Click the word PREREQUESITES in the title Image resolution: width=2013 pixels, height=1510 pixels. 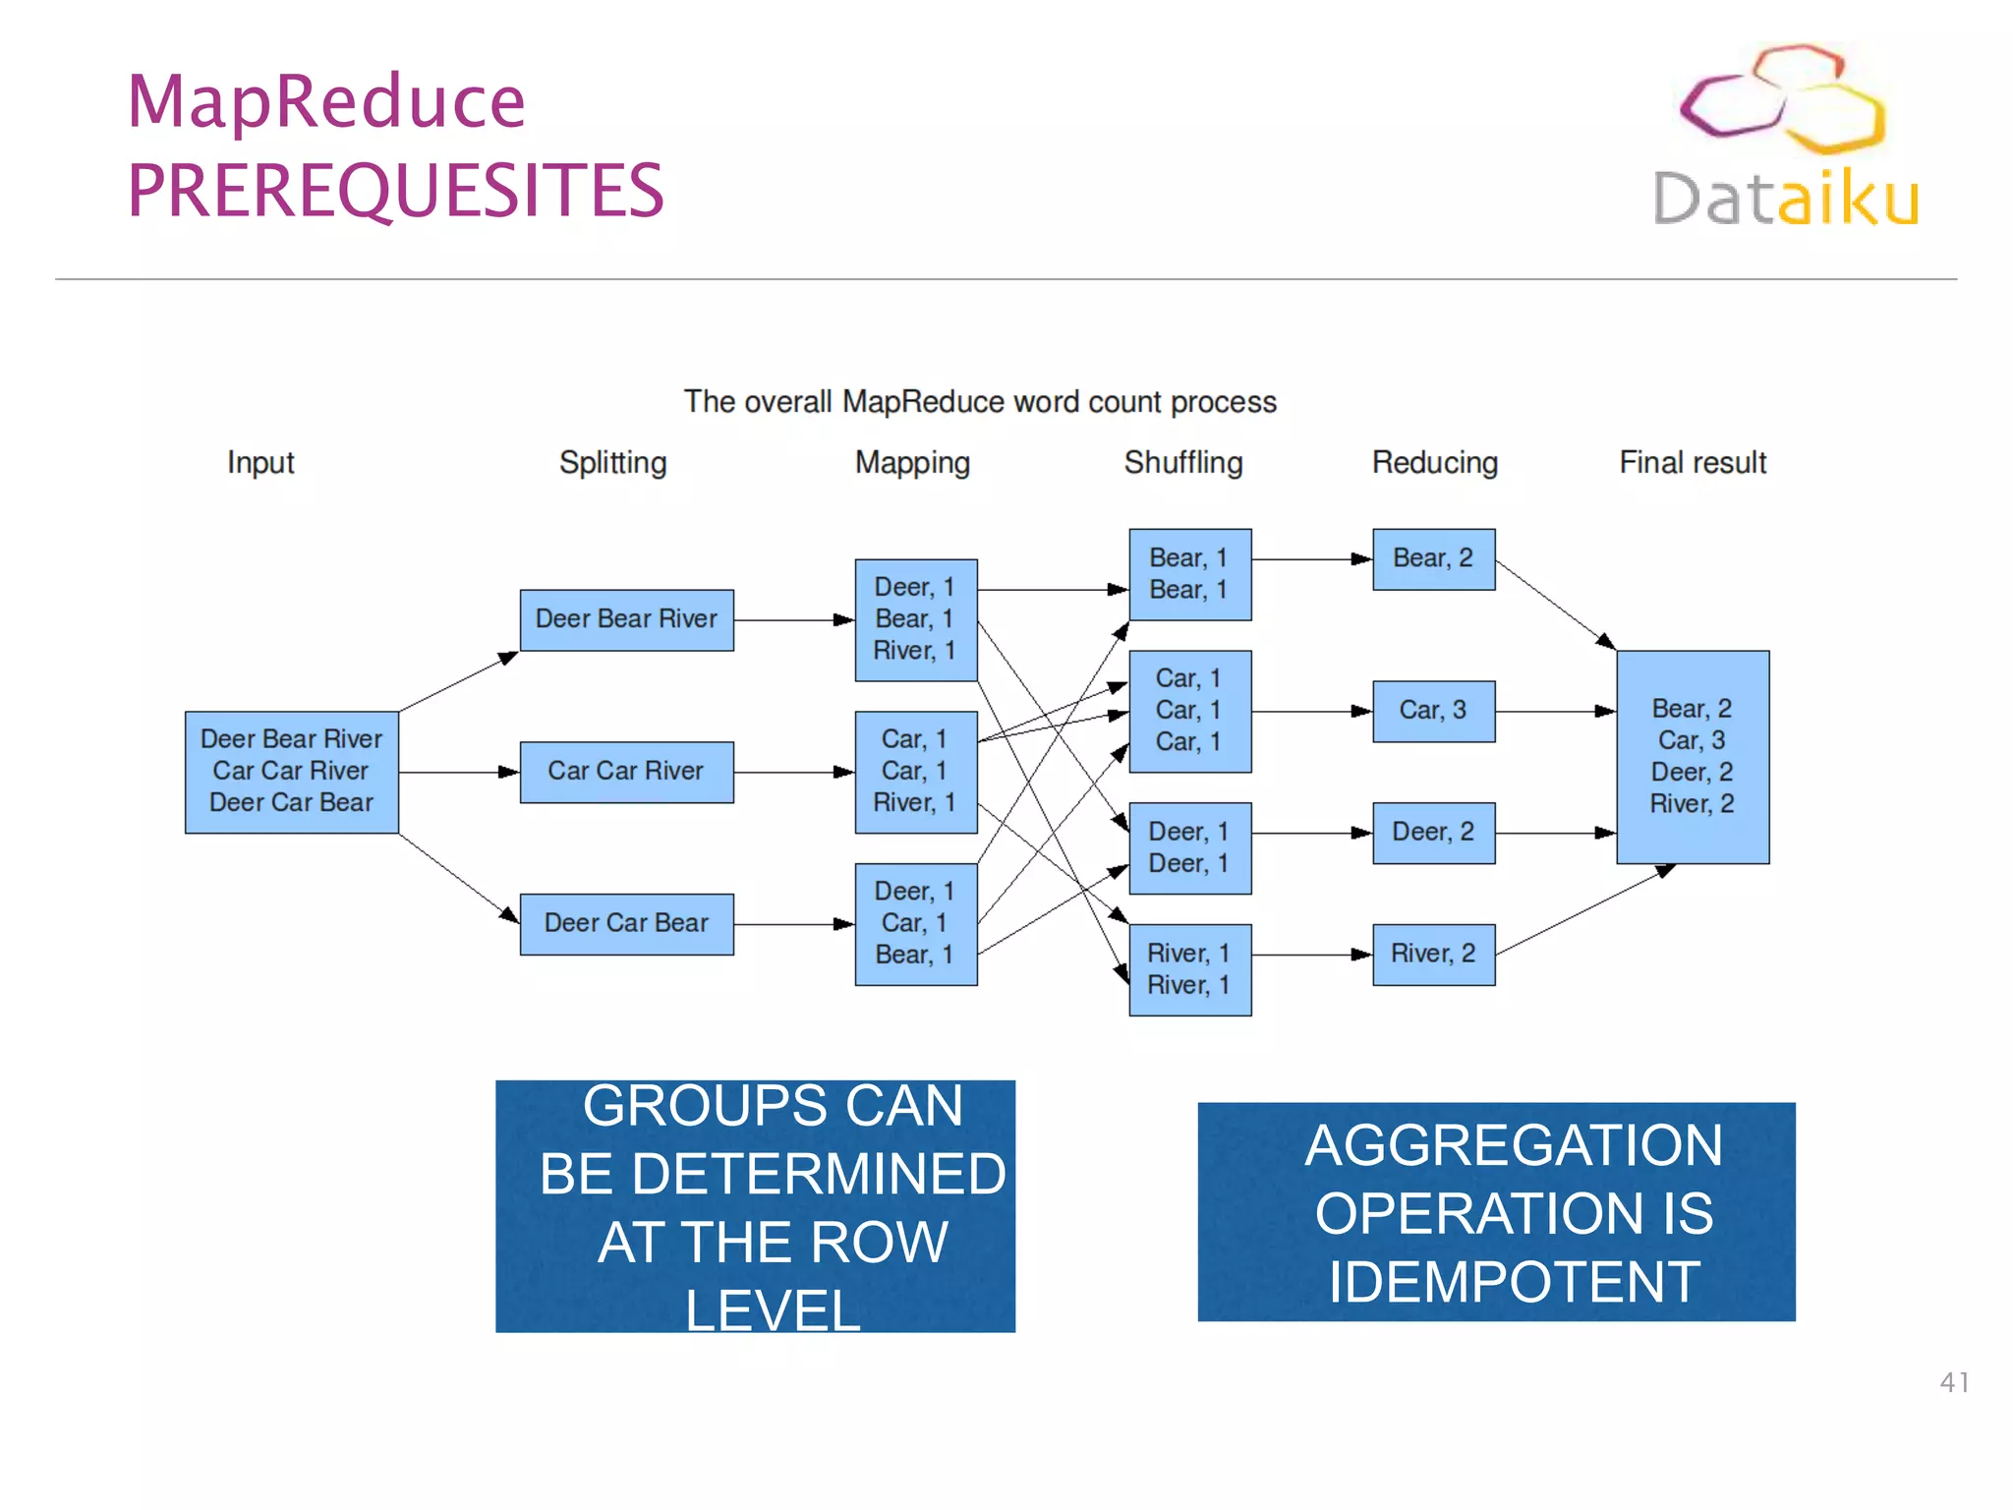(395, 191)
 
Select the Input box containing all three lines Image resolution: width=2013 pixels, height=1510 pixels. (292, 772)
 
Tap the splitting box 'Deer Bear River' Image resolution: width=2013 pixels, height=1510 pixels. (626, 619)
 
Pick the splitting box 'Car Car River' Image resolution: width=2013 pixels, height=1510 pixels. (626, 772)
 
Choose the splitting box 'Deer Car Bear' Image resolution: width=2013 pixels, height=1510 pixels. (626, 923)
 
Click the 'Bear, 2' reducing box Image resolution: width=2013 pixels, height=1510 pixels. (1433, 559)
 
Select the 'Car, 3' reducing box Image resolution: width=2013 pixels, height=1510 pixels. (1433, 711)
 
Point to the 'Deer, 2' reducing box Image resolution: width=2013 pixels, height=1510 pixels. (1433, 833)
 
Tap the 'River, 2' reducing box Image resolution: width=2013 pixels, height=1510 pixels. (1433, 954)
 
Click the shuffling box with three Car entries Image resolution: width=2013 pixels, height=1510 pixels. (1189, 711)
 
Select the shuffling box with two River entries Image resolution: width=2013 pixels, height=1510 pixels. (1189, 969)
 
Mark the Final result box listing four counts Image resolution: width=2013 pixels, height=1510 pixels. (1692, 756)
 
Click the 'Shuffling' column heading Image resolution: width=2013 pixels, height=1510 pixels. (1183, 462)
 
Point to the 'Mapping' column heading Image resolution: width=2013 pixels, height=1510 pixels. (912, 462)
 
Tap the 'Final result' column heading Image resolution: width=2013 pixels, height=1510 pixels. (1692, 462)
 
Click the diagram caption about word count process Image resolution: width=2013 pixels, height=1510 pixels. (980, 402)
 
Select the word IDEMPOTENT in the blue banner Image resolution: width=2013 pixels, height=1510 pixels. (1514, 1282)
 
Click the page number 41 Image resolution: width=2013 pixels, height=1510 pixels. (1953, 1382)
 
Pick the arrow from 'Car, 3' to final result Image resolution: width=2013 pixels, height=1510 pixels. (1555, 711)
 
